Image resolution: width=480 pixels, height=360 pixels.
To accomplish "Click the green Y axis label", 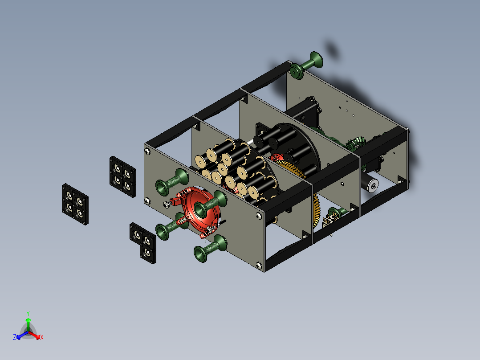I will coord(28,313).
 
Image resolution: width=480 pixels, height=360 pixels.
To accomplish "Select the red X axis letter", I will coord(42,337).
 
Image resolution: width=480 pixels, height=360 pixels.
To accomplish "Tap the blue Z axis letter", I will coord(15,337).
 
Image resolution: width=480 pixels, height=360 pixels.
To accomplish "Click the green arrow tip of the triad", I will coord(28,320).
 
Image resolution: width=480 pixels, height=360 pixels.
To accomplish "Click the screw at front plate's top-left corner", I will coord(147,151).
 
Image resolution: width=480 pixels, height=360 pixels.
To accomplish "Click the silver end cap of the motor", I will coord(372,185).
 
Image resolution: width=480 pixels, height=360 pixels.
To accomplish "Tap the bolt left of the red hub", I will coord(167,205).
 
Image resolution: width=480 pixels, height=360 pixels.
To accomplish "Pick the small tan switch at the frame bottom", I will coord(331,219).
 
